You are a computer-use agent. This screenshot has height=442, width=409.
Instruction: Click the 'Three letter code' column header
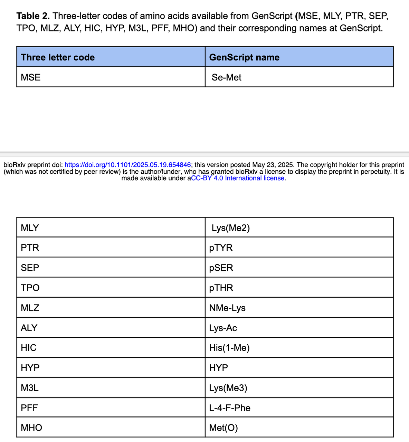pyautogui.click(x=58, y=57)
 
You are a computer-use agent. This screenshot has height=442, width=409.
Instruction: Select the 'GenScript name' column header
pyautogui.click(x=244, y=57)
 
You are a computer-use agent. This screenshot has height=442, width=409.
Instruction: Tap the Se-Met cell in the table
pyautogui.click(x=226, y=77)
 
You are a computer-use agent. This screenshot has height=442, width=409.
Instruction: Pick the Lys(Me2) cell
pyautogui.click(x=230, y=228)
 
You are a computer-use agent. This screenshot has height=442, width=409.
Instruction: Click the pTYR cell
pyautogui.click(x=221, y=248)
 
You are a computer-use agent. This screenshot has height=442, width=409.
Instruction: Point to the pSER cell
pyautogui.click(x=221, y=268)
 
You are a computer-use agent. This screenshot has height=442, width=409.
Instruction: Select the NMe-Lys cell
pyautogui.click(x=227, y=308)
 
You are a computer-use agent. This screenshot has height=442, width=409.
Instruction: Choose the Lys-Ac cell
pyautogui.click(x=223, y=328)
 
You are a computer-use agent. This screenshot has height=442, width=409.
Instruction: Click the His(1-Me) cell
pyautogui.click(x=229, y=348)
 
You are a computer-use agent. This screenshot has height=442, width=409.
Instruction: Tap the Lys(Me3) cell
pyautogui.click(x=228, y=388)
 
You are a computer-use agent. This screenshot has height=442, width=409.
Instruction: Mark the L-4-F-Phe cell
pyautogui.click(x=230, y=408)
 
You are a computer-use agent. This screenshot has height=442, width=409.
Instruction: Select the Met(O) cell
pyautogui.click(x=223, y=428)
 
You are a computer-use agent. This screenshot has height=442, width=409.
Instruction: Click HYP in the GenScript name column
pyautogui.click(x=218, y=368)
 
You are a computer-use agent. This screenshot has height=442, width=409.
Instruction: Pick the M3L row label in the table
pyautogui.click(x=30, y=388)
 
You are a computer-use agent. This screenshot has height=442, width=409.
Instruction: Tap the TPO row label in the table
pyautogui.click(x=30, y=288)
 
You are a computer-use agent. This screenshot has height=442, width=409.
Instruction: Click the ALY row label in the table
pyautogui.click(x=29, y=328)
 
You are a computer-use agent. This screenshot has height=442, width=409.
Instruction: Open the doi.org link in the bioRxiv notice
pyautogui.click(x=128, y=165)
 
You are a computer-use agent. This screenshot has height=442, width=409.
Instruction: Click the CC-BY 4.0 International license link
pyautogui.click(x=238, y=178)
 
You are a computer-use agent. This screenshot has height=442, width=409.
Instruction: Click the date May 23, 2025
pyautogui.click(x=273, y=165)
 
